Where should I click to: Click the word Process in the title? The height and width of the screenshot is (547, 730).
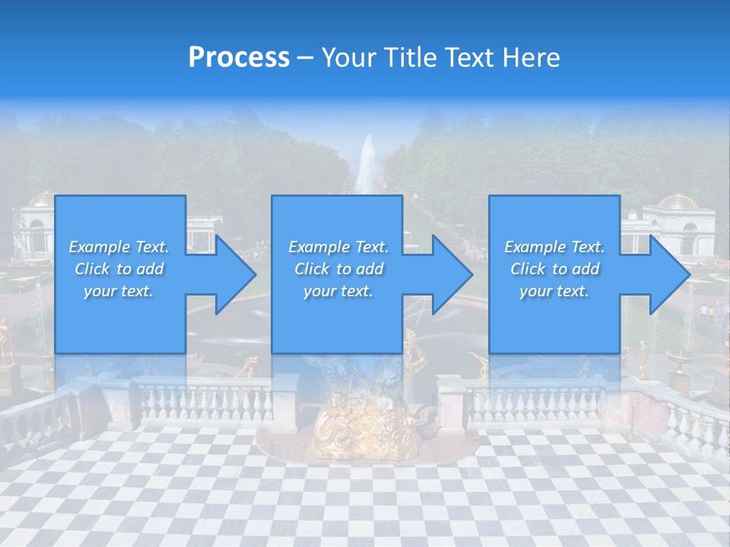[239, 58]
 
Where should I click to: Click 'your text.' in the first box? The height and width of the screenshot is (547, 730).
[119, 291]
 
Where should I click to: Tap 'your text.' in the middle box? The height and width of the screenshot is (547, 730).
[338, 291]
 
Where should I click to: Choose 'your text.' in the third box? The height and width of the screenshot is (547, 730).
[554, 291]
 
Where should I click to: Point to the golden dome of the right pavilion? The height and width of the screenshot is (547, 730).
[678, 202]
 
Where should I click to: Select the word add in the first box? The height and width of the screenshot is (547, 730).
[151, 269]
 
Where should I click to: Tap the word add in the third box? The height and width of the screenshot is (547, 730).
[586, 269]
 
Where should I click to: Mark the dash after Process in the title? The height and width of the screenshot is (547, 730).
[306, 58]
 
